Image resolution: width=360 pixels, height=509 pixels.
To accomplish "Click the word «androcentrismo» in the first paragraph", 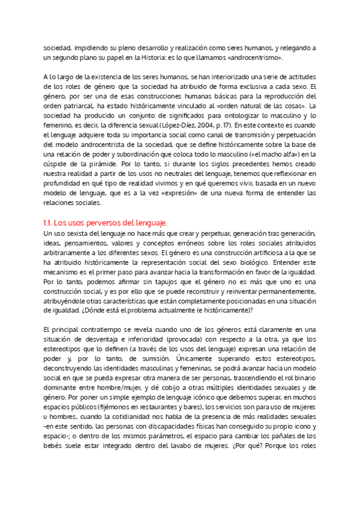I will [x=251, y=58].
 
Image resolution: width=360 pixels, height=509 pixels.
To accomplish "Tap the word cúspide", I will [x=59, y=163].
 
